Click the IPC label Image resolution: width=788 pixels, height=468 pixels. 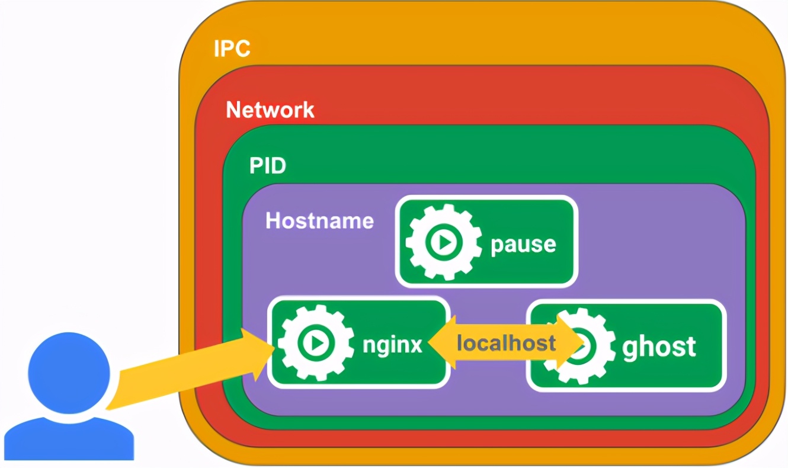coord(232,49)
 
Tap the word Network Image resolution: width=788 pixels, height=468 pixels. coord(270,110)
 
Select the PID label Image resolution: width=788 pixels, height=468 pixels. coord(268,166)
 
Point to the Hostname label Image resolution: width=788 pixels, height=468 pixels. coord(319,221)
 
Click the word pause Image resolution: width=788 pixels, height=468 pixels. coord(523,244)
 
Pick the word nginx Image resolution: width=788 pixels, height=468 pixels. coord(393,344)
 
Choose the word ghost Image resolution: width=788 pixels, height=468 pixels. coord(659,347)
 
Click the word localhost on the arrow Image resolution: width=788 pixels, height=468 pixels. coord(507,342)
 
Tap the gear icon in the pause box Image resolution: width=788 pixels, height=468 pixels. coord(443,242)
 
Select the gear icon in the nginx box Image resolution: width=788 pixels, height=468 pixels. coord(316,342)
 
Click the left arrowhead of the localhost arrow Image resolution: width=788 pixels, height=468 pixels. coord(439,344)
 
